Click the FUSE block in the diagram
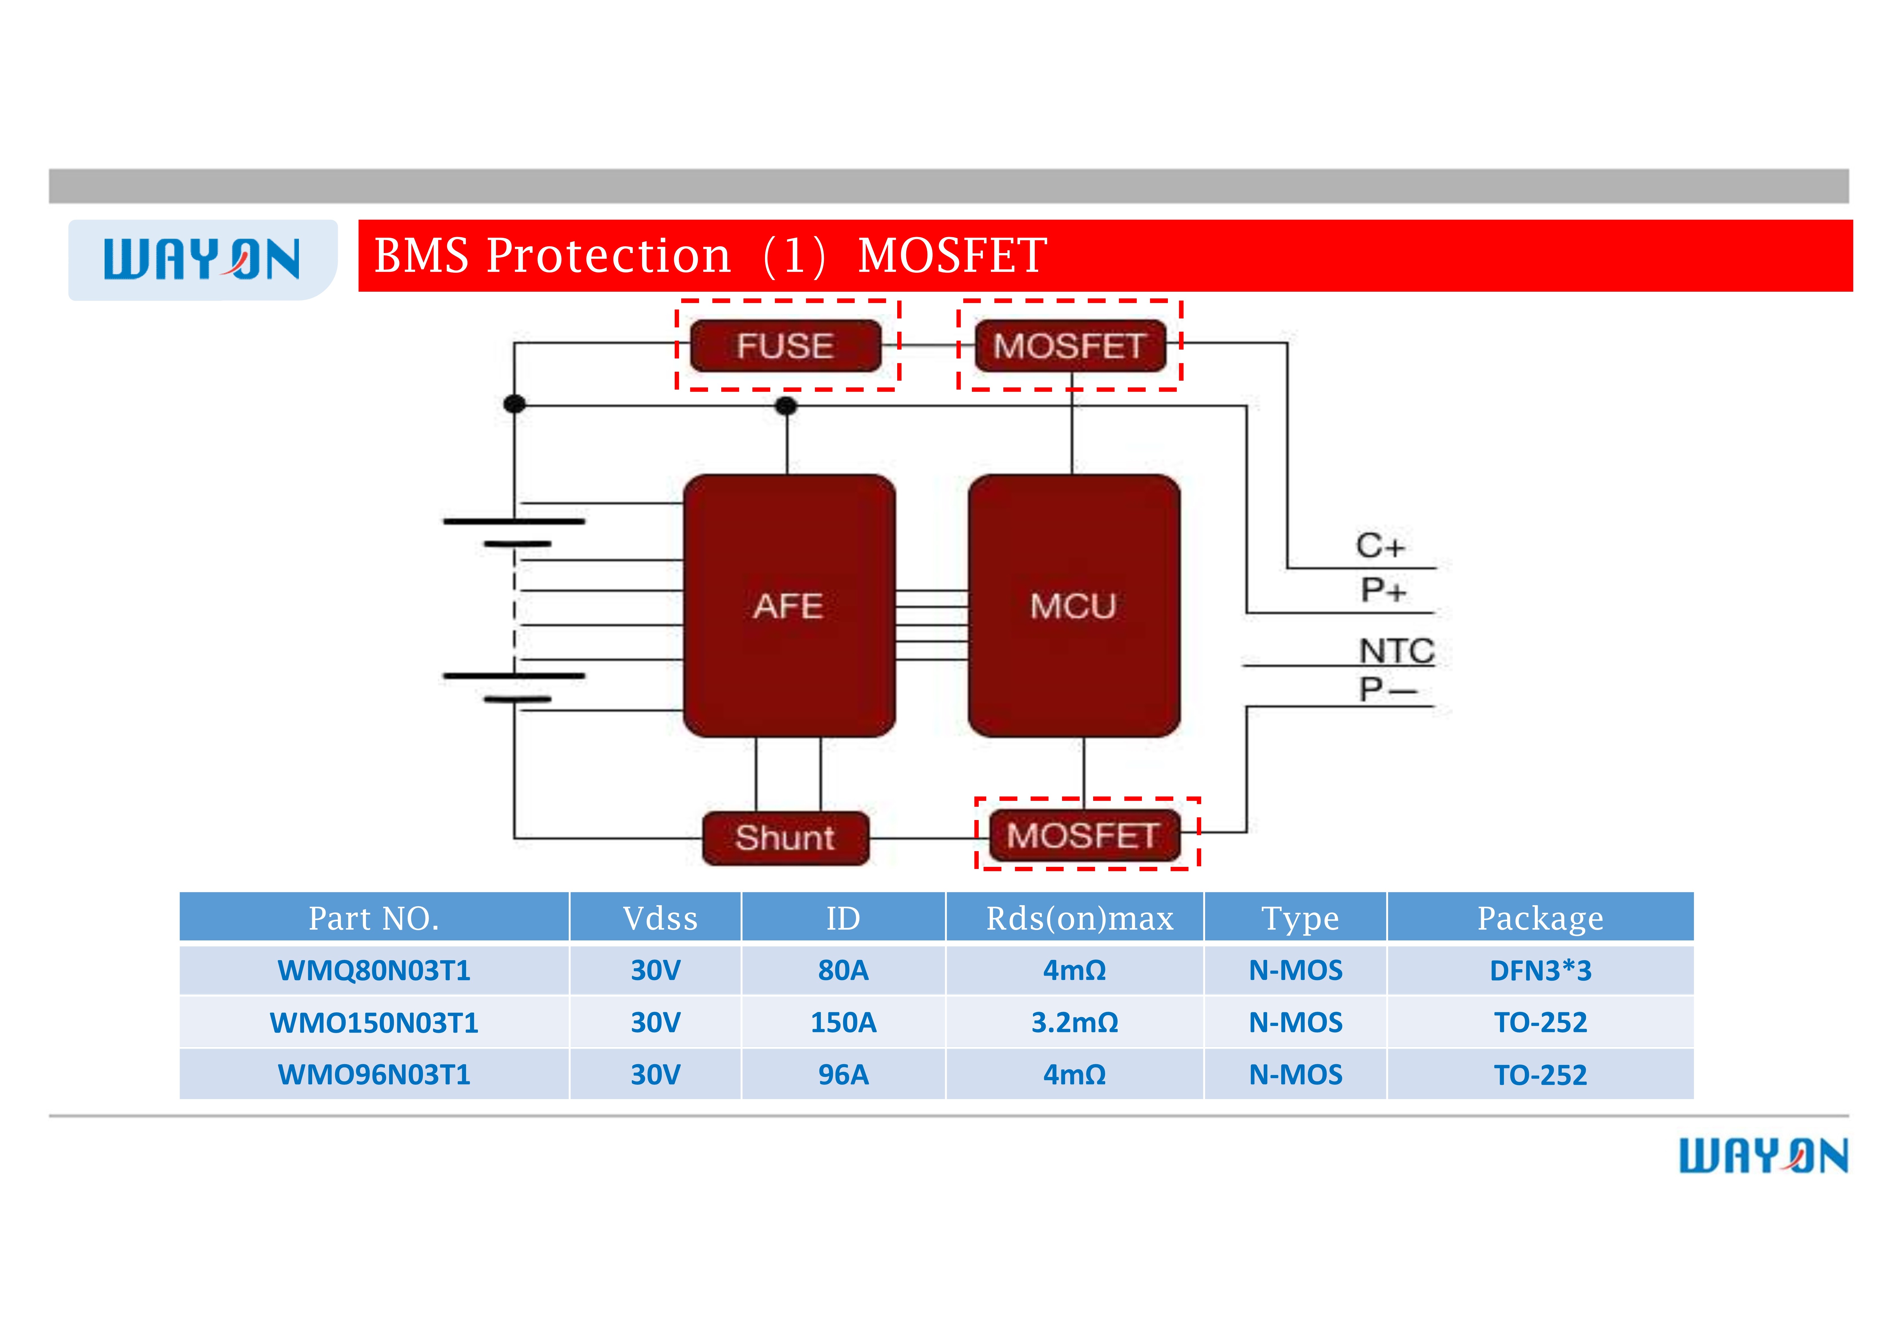[x=785, y=346]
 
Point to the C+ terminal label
[x=1380, y=546]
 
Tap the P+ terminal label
[x=1383, y=590]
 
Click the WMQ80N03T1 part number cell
[x=374, y=970]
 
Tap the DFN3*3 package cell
[x=1540, y=970]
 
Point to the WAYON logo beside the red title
[x=202, y=260]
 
